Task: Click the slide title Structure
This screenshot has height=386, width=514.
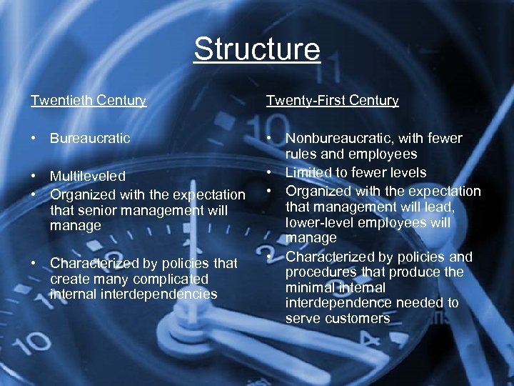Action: point(257,50)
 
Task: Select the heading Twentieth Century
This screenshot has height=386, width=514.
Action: point(89,101)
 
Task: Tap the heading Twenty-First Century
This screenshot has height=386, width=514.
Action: point(332,101)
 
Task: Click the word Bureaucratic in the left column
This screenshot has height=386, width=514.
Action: point(90,138)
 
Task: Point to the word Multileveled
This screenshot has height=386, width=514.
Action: point(87,176)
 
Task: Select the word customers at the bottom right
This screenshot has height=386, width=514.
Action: point(356,319)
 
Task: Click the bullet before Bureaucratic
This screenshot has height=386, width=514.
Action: point(34,138)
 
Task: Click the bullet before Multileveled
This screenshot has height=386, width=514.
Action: point(34,176)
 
